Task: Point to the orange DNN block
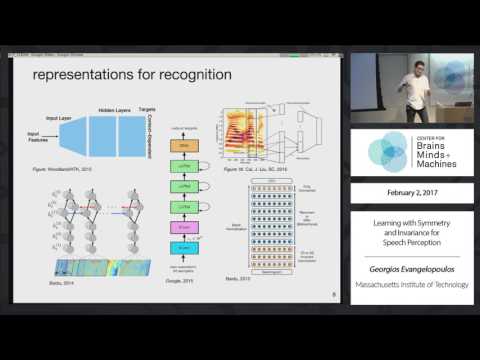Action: [183, 146]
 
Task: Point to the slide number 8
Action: [333, 295]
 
